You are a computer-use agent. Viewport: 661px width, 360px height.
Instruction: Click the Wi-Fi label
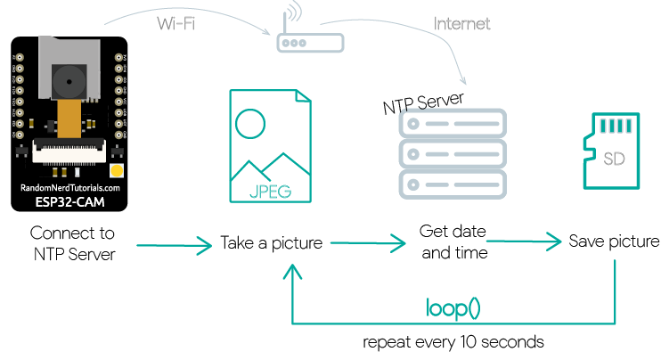coord(175,23)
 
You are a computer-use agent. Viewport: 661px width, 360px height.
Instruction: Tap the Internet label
coord(461,23)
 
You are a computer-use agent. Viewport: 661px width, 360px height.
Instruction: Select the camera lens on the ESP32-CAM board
coord(69,82)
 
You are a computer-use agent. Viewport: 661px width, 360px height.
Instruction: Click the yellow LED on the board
coord(117,171)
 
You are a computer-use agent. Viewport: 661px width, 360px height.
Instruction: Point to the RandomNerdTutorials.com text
coord(70,188)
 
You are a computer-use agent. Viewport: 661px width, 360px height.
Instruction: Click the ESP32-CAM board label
coord(70,202)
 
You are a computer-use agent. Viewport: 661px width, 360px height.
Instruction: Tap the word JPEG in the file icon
coord(270,192)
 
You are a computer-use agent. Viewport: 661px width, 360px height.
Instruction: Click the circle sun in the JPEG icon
coord(250,124)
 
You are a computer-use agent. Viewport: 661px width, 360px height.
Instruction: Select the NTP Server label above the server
coord(423,102)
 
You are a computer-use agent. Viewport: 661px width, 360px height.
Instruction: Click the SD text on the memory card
coord(614,159)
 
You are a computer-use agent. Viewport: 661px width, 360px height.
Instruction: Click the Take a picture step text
coord(271,243)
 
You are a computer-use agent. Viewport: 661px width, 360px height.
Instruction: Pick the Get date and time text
coord(453,242)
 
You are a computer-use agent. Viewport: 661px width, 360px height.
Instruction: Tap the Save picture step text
coord(614,241)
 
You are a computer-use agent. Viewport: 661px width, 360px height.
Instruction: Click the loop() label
coord(453,308)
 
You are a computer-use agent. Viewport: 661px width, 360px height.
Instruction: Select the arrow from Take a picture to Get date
coord(368,243)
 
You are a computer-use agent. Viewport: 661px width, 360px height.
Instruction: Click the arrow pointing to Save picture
coord(524,241)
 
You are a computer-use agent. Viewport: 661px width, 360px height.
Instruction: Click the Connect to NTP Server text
coord(72,243)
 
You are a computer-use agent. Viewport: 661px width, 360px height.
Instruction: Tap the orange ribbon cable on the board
coord(69,119)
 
